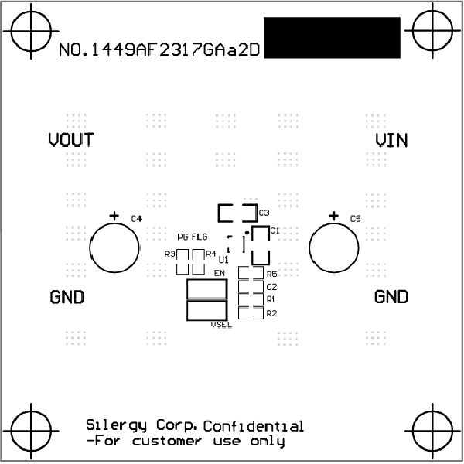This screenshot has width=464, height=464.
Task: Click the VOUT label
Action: point(71,140)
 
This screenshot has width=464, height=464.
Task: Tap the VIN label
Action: point(391,141)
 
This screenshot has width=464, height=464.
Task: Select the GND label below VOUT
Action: point(67,297)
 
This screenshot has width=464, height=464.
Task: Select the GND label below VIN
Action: point(391,296)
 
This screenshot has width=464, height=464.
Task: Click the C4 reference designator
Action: point(136,219)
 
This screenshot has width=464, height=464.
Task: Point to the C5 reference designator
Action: point(356,219)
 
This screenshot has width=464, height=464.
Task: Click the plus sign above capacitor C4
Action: point(114,216)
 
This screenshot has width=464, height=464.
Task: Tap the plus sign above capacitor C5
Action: point(333,216)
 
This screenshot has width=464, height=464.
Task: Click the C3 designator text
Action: point(264,213)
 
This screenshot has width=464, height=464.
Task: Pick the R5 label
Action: point(271,275)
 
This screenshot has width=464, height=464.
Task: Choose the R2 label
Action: point(271,313)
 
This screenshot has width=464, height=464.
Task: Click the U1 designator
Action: point(223,260)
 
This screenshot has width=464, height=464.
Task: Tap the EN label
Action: point(220,273)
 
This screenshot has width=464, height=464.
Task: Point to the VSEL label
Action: point(221,325)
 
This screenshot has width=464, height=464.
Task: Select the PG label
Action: point(183,237)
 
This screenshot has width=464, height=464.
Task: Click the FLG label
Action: point(200,237)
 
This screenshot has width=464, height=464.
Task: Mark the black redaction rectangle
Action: point(332,38)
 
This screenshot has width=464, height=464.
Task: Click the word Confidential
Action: point(254,426)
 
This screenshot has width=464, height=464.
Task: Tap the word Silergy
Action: point(116,425)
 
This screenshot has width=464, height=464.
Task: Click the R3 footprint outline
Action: point(183,262)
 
